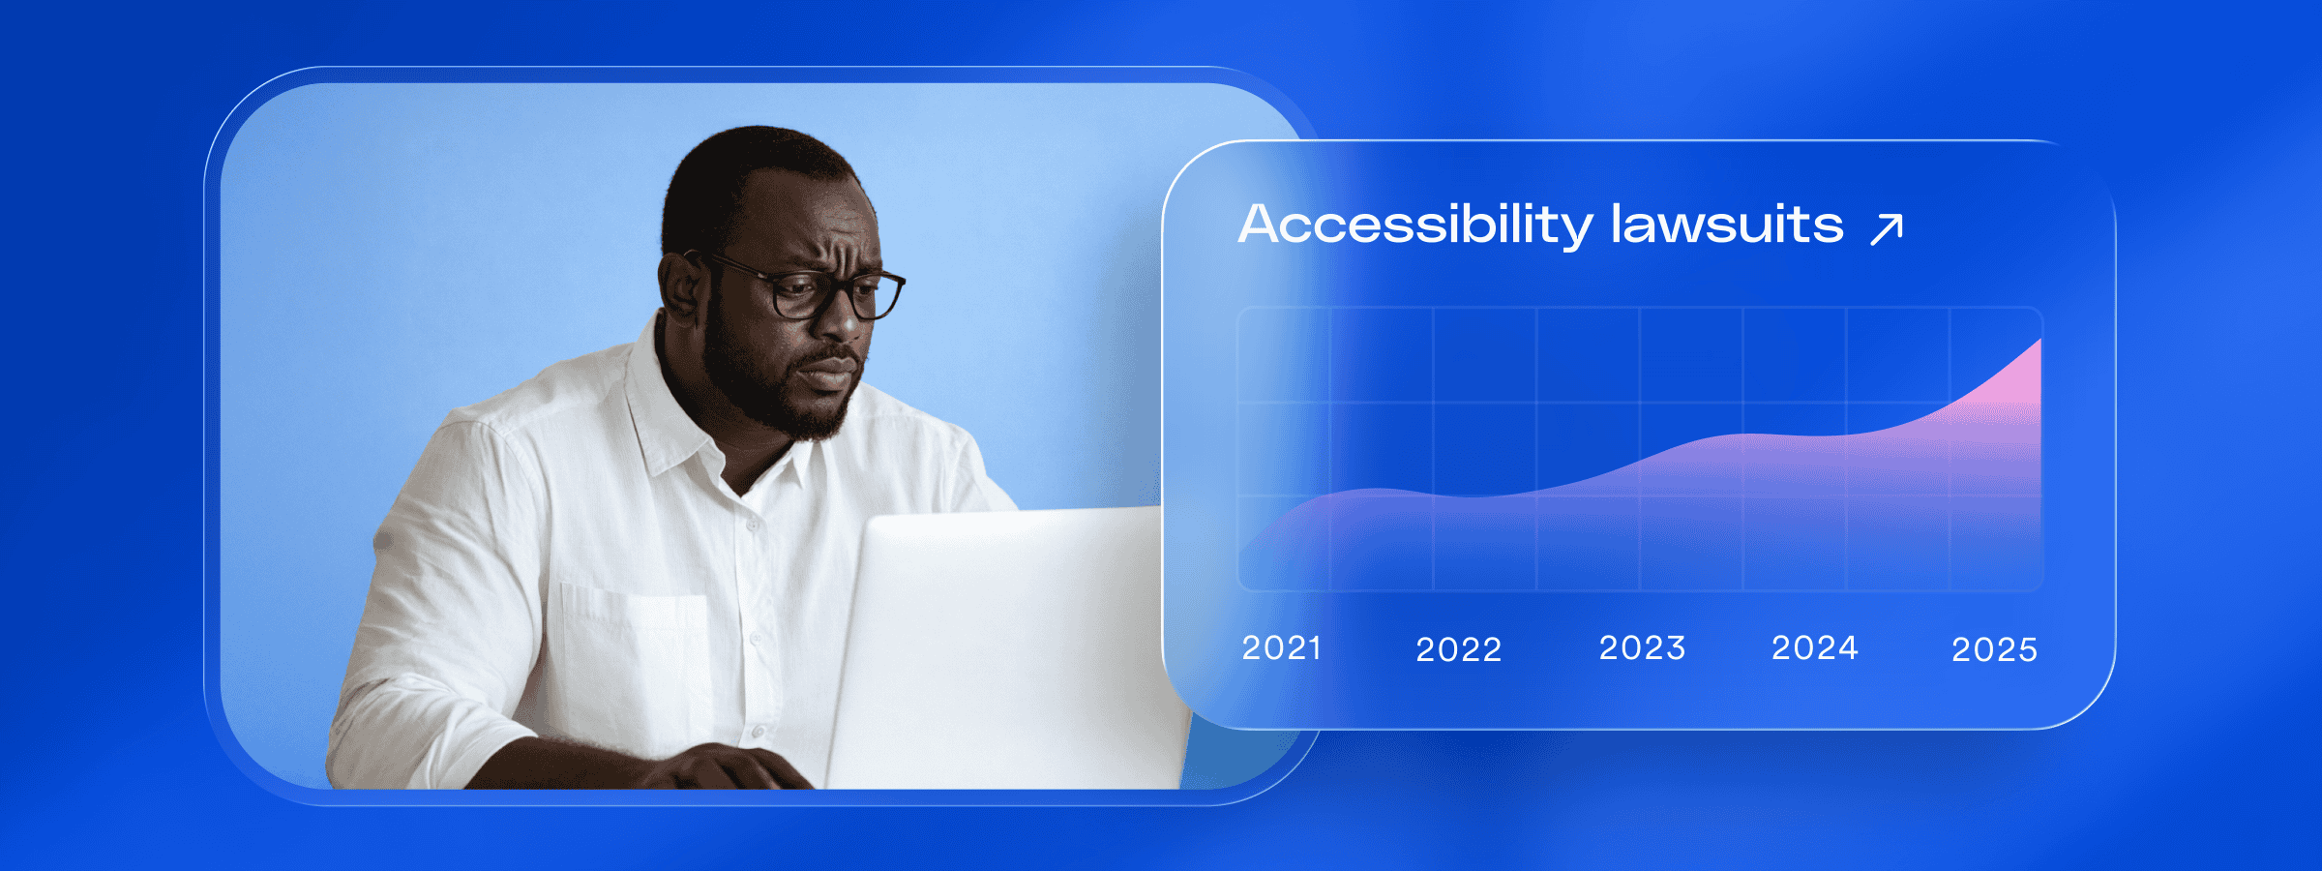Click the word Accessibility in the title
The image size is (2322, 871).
(1415, 225)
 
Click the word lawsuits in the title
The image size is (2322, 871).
(1727, 224)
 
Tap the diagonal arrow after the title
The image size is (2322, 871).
(1887, 230)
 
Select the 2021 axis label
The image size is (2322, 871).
(1282, 647)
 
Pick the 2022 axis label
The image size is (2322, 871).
(1459, 649)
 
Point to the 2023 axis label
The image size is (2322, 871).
(1642, 647)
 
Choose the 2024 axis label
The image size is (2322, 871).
(1815, 647)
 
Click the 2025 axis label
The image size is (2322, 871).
(1995, 649)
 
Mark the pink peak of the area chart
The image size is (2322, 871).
(2039, 341)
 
